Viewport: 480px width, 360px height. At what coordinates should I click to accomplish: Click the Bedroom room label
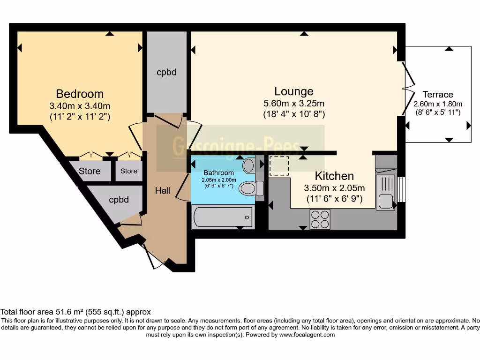[x=80, y=93]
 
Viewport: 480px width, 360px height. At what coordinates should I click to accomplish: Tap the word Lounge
[x=294, y=91]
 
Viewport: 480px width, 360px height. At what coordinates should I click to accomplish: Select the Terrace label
[x=438, y=94]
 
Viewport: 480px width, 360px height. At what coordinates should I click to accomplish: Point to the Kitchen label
[x=334, y=176]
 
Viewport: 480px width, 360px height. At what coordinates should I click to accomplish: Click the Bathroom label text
[x=218, y=173]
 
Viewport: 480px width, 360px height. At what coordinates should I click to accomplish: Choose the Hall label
[x=163, y=190]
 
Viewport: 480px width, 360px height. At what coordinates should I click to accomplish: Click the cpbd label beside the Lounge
[x=166, y=72]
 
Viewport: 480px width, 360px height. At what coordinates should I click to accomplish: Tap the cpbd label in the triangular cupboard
[x=119, y=200]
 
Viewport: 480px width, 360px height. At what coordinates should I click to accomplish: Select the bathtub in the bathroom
[x=222, y=217]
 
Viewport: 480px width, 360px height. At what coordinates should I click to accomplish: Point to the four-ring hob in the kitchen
[x=320, y=219]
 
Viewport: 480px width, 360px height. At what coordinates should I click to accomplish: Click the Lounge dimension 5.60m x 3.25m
[x=294, y=104]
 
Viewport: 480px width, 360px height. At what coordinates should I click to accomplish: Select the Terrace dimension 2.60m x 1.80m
[x=438, y=104]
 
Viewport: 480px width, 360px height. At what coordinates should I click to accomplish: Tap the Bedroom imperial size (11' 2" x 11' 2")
[x=80, y=117]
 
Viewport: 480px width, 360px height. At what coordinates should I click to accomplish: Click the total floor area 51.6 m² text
[x=75, y=312]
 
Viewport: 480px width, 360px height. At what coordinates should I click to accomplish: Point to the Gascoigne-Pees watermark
[x=240, y=146]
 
